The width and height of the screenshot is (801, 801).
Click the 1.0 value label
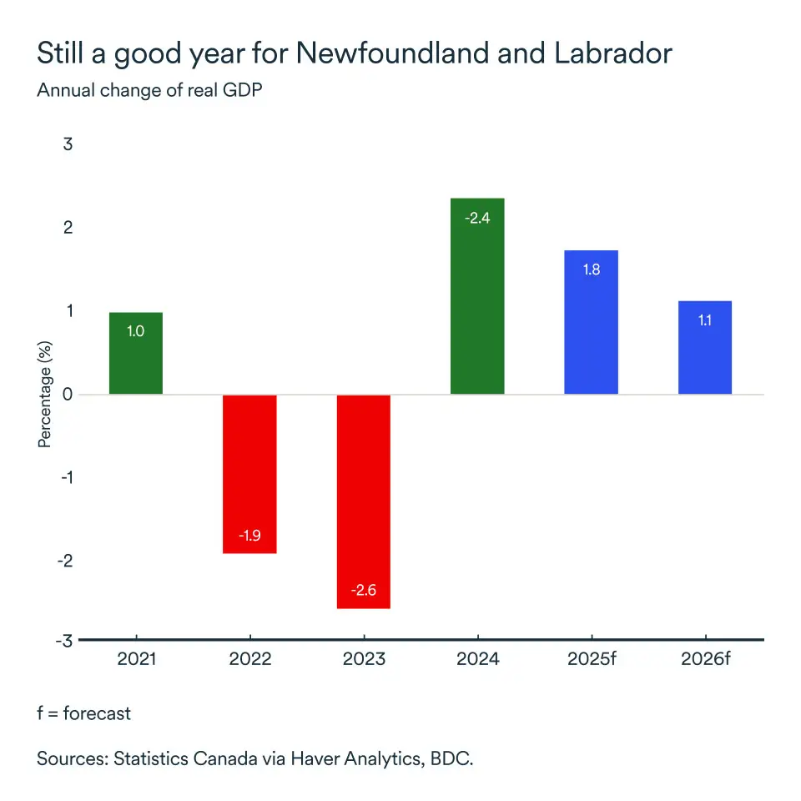pos(136,331)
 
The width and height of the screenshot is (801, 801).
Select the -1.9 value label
pos(249,535)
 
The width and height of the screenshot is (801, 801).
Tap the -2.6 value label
pos(364,591)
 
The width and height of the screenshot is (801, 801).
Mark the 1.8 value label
pos(591,270)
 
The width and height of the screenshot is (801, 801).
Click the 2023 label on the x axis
pos(364,659)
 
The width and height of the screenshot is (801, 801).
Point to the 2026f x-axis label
pos(705,659)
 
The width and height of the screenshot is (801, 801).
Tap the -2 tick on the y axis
pos(65,561)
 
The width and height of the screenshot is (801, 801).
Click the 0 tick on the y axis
pos(68,394)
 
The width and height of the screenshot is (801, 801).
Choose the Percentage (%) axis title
pos(45,394)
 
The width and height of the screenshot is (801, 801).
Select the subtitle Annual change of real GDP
pos(149,91)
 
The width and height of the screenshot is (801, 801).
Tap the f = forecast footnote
pos(83,713)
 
